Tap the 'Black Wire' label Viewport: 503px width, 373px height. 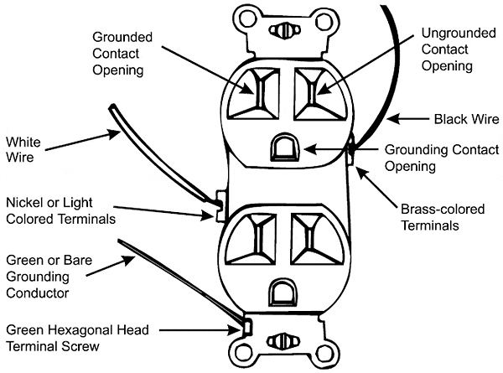pyautogui.click(x=464, y=119)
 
